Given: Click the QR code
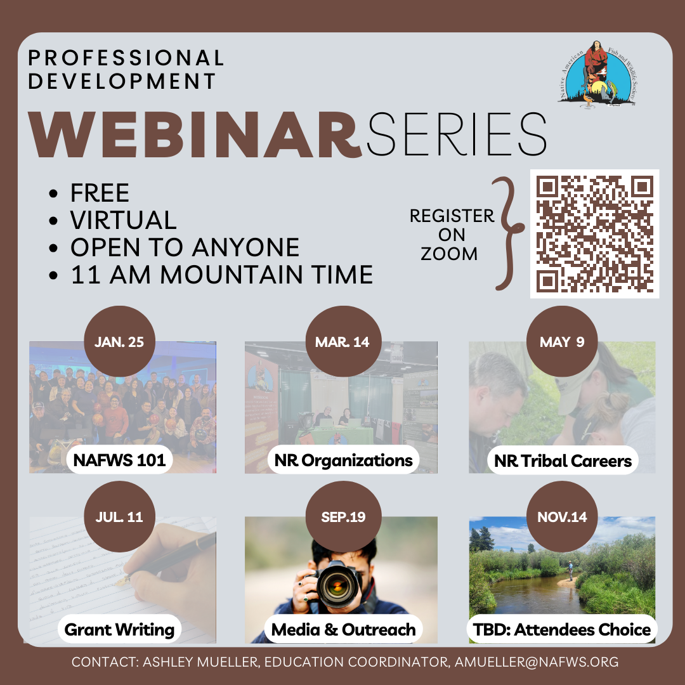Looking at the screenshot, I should [594, 233].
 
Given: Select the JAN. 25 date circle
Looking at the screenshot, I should [119, 342].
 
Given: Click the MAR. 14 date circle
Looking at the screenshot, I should [342, 342].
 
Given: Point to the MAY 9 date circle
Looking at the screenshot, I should [562, 342].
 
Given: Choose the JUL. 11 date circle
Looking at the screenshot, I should [119, 517].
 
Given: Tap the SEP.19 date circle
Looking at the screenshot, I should [342, 517].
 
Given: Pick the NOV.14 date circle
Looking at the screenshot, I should [562, 517].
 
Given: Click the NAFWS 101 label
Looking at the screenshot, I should [119, 460].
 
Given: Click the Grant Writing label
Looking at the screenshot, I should [119, 630].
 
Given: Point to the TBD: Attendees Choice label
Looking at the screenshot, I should [562, 630].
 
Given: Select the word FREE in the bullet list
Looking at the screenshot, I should [100, 193].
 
